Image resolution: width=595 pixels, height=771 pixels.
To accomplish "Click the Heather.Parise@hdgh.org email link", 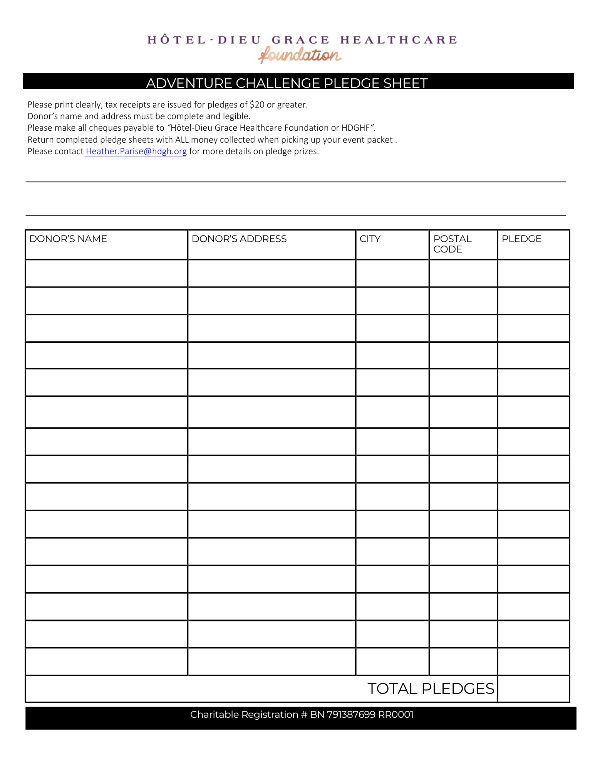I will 136,152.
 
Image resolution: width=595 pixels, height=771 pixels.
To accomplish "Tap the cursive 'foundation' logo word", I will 300,55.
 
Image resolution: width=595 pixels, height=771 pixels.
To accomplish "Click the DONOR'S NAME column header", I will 68,239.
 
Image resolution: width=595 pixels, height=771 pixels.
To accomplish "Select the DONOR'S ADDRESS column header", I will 239,239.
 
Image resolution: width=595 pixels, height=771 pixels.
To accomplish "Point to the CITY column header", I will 370,239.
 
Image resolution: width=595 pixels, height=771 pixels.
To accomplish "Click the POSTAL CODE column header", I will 452,244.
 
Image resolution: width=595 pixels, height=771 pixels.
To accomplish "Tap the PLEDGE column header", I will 521,239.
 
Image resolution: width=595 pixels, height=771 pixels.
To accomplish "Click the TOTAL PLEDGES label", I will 431,689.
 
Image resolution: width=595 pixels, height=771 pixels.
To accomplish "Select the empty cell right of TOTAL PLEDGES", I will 533,689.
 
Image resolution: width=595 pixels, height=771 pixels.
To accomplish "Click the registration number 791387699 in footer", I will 351,715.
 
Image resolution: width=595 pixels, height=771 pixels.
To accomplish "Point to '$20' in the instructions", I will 257,105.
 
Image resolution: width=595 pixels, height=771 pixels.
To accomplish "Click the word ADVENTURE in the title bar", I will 189,83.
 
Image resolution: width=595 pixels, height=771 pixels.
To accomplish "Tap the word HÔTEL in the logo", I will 177,40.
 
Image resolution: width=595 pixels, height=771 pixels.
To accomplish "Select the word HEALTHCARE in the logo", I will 399,40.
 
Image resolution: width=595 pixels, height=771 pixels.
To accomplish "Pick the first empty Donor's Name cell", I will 107,273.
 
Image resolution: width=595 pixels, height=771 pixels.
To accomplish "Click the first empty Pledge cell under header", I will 533,273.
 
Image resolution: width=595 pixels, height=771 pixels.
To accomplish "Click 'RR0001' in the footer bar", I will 396,715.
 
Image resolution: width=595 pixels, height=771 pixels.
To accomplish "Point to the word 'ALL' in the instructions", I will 182,140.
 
